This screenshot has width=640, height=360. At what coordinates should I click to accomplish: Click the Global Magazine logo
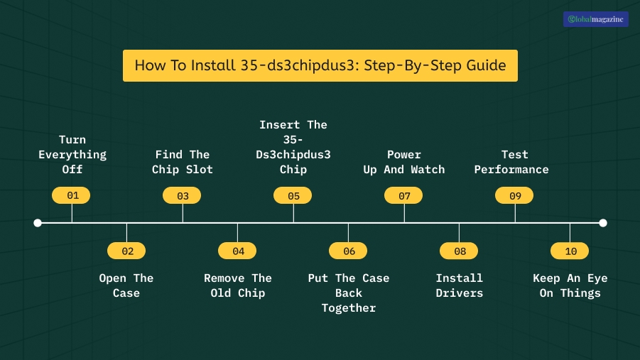point(595,19)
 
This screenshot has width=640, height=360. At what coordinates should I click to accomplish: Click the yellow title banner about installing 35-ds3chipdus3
point(320,65)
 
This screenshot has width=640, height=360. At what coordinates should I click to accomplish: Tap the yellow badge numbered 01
point(72,195)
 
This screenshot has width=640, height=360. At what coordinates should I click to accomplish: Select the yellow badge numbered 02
point(126,251)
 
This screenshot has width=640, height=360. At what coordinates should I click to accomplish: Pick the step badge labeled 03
point(183,195)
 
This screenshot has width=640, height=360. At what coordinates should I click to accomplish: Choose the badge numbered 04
point(237,251)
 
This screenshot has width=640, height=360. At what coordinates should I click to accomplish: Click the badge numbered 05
point(293,195)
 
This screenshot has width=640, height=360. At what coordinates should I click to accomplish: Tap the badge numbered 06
point(348,251)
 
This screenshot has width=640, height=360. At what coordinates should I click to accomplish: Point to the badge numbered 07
point(404,195)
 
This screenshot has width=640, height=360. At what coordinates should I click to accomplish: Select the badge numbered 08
point(459,251)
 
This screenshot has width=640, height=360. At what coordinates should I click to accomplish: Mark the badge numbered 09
point(515,195)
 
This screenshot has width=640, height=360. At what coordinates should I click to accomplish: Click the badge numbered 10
point(570,251)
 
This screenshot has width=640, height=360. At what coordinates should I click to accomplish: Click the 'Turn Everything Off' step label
point(72,154)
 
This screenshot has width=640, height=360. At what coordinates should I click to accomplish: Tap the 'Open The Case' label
point(126,285)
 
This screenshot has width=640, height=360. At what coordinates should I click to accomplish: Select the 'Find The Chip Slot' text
point(183,162)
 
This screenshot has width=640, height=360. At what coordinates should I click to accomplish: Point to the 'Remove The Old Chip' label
point(237,285)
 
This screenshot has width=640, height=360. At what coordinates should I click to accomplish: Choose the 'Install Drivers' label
point(459,285)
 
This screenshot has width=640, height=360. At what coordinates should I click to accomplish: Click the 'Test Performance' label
point(512,162)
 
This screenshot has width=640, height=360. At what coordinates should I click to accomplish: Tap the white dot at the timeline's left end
point(38,223)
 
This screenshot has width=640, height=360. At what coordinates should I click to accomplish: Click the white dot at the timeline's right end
point(603,223)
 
